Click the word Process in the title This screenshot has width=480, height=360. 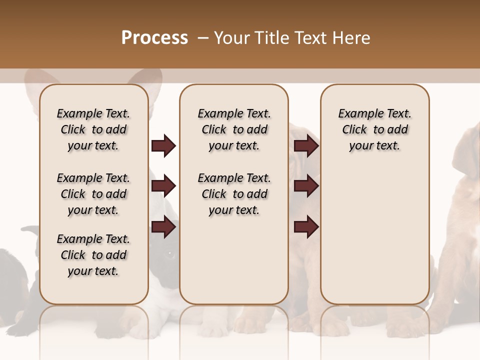154,38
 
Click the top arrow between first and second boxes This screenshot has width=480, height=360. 163,146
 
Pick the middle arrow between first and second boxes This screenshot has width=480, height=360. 163,186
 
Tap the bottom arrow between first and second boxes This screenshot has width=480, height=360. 163,227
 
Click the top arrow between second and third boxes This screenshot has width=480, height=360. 306,146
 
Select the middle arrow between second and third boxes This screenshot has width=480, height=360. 306,186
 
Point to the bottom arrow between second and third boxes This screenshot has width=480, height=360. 306,227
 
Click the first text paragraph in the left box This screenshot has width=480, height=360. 93,129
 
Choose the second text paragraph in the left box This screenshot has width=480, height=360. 93,194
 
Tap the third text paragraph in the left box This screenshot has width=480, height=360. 93,255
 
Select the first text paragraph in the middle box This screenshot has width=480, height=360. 234,129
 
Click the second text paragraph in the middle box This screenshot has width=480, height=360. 234,194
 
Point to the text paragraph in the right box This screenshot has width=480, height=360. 374,129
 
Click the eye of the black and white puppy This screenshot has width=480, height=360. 169,255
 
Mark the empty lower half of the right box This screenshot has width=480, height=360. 374,240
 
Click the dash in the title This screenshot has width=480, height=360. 203,38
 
